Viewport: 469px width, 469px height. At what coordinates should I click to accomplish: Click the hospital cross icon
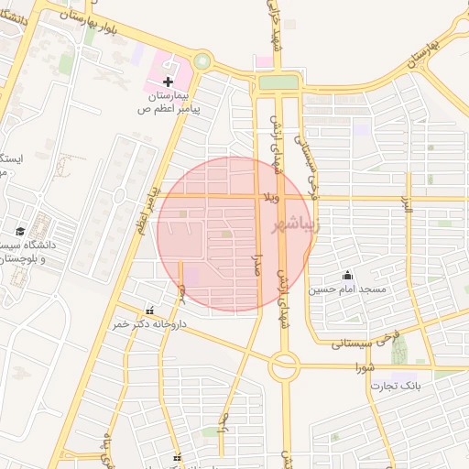[168, 82]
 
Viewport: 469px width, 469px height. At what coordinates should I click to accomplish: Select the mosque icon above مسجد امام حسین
[347, 275]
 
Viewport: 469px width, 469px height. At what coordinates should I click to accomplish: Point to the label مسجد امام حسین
[347, 289]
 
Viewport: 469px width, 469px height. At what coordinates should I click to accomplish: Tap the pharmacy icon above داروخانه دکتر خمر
[149, 311]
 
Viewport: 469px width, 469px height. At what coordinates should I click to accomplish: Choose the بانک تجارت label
[395, 386]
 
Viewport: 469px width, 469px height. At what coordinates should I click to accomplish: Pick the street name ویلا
[271, 196]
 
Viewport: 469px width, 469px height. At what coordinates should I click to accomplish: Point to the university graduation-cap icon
[20, 231]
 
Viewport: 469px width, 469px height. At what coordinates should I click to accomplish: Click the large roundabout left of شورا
[283, 367]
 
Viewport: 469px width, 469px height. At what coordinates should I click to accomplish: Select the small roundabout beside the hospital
[202, 62]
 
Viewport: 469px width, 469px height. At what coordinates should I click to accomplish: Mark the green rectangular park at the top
[278, 82]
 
